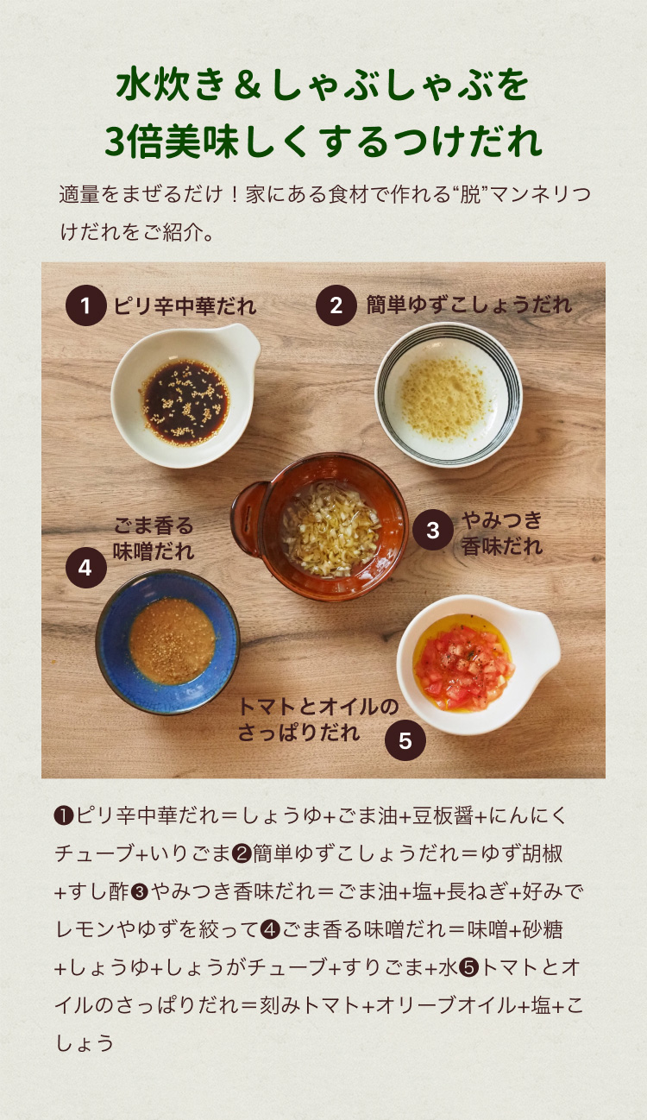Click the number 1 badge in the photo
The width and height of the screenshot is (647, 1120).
[85, 305]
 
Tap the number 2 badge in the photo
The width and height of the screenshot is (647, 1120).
[336, 305]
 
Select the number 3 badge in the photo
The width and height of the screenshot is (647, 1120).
[433, 530]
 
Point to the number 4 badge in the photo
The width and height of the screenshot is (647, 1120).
[85, 568]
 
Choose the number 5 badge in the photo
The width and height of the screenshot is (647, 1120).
[405, 740]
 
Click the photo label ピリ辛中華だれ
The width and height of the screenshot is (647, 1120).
[185, 306]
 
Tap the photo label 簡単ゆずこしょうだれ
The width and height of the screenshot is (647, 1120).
[469, 305]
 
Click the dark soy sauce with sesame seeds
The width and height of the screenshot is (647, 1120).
[185, 402]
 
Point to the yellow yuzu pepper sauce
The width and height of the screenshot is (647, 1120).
[443, 399]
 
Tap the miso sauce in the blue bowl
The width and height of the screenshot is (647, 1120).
[172, 641]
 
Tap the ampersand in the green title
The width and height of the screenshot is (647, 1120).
[248, 85]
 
